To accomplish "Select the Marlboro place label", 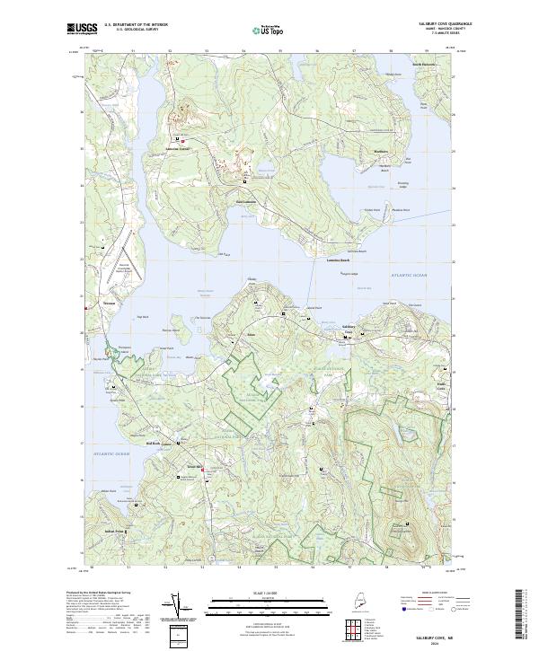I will point(380,152).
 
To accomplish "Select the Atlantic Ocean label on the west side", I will point(110,455).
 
